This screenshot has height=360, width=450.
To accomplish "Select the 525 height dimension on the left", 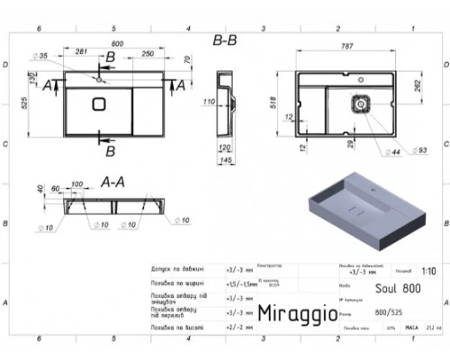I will tap(30, 111).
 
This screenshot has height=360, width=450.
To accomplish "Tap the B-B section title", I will tap(225, 40).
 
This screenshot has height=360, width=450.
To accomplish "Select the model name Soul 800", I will tap(377, 290).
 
